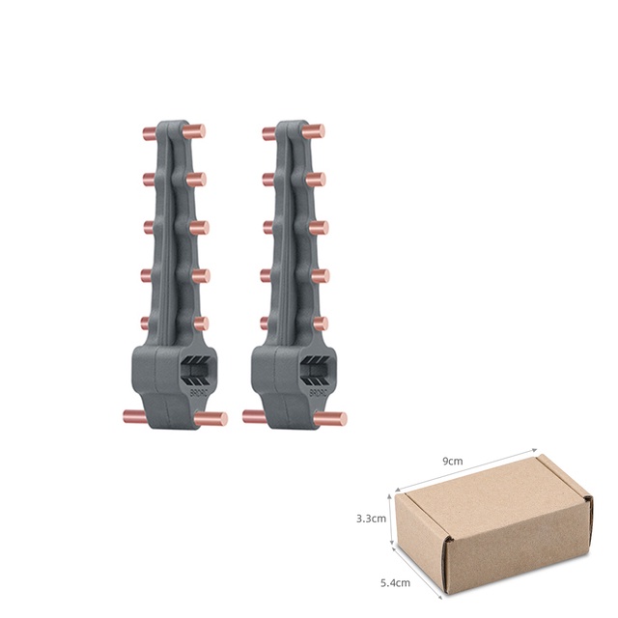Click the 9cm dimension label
[453, 461]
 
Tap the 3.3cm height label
[370, 518]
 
